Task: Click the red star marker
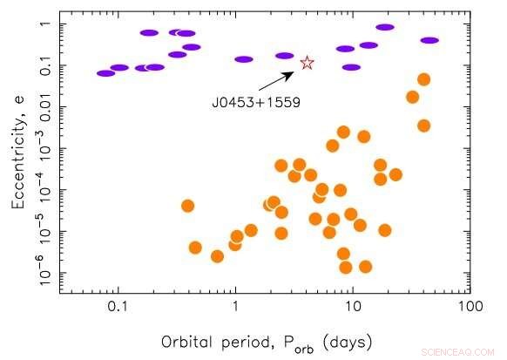[307, 63]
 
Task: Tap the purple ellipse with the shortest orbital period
[106, 73]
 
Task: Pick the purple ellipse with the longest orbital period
[429, 40]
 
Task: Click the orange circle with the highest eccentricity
[424, 79]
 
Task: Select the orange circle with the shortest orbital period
[187, 206]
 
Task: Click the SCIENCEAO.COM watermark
[460, 353]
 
